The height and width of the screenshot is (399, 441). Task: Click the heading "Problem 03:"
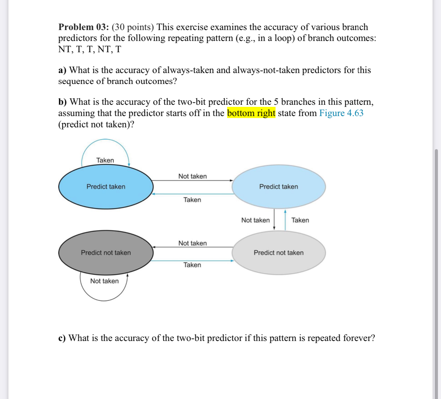click(83, 27)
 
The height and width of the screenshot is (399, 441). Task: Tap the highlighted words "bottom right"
click(251, 113)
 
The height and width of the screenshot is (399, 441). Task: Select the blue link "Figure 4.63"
click(341, 113)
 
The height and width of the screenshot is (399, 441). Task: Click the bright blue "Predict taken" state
click(106, 187)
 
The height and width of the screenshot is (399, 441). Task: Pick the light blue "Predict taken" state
click(278, 187)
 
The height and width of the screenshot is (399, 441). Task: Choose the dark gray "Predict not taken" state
click(106, 253)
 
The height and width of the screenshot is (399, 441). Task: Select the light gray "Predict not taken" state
click(278, 253)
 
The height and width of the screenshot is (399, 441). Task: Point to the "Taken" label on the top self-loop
click(105, 160)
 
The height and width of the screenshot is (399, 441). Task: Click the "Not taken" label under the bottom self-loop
click(104, 281)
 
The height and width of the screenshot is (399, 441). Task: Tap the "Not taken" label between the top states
click(192, 176)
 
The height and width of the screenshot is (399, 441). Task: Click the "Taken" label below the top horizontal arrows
click(192, 200)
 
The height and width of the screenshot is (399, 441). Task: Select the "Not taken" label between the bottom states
click(192, 243)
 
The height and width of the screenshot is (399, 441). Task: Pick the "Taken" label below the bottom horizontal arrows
click(192, 265)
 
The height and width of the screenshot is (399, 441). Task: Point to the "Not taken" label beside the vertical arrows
click(255, 220)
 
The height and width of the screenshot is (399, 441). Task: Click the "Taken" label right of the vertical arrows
click(300, 220)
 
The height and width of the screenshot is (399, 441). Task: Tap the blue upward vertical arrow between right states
click(285, 220)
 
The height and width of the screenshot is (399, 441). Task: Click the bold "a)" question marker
click(62, 70)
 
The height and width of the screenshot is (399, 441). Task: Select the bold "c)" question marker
click(62, 338)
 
